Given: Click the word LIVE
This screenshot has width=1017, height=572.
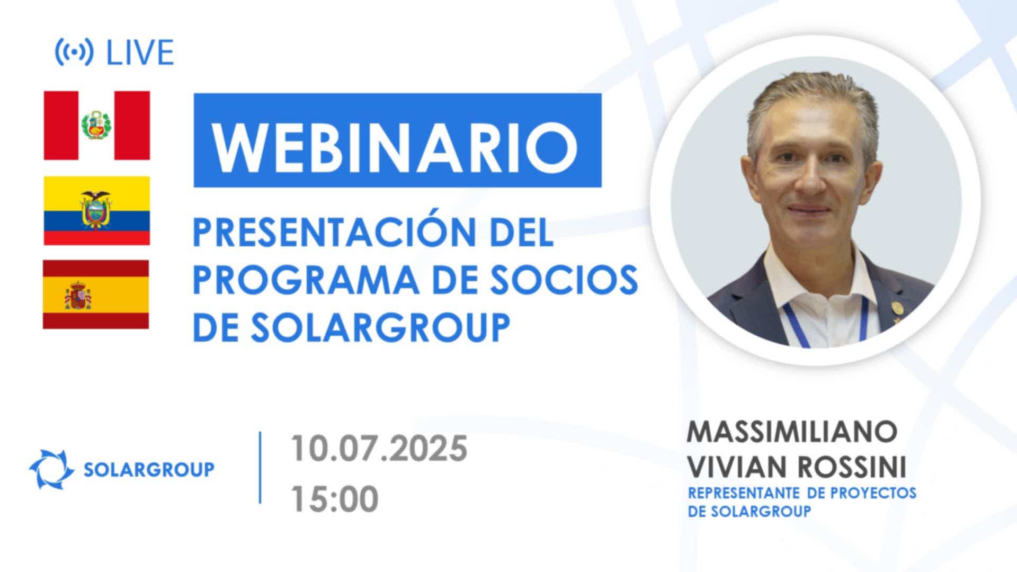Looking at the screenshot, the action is tap(140, 52).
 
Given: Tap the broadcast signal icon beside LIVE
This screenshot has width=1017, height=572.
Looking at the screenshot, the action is tap(74, 52).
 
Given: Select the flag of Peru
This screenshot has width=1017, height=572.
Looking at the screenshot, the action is tap(97, 126).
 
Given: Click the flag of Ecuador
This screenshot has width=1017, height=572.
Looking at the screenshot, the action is tap(97, 211).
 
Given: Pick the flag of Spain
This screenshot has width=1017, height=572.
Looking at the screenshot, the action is tap(96, 294).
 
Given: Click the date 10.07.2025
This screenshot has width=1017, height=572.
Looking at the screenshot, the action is tap(379, 449).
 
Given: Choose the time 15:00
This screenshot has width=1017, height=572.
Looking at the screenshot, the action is tap(334, 498).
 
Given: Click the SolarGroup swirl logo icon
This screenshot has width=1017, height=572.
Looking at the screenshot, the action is tap(51, 469).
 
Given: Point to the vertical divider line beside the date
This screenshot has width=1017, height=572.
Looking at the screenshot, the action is tap(260, 467).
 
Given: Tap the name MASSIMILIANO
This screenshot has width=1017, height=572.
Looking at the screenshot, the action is tap(792, 432).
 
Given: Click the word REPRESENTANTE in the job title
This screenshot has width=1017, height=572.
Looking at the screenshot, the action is tap(744, 493).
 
